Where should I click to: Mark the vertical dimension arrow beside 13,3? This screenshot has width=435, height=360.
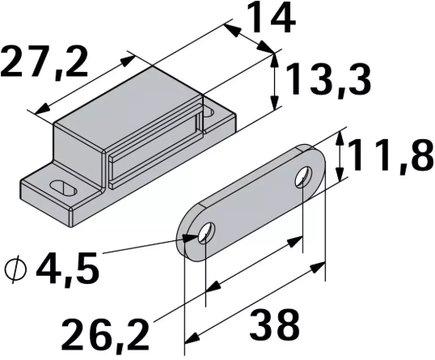click(276, 81)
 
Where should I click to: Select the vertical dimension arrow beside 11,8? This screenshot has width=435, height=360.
click(341, 157)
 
